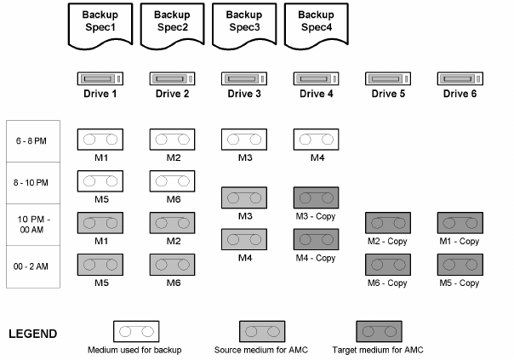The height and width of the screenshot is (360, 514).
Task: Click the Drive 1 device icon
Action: (x=100, y=79)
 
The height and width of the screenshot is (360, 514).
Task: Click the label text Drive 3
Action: (x=245, y=93)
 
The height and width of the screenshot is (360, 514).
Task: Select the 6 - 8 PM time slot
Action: (x=32, y=141)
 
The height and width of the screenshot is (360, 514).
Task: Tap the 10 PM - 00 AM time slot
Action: (x=32, y=226)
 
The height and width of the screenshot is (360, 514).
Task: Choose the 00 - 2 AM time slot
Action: (x=32, y=266)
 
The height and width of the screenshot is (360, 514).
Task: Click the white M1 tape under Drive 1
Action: (x=100, y=140)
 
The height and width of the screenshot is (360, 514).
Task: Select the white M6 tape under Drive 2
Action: (x=173, y=180)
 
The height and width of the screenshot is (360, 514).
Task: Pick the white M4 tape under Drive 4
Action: (x=317, y=140)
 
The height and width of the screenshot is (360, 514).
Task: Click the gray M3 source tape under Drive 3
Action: (x=245, y=197)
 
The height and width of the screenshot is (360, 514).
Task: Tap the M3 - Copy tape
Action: (x=317, y=197)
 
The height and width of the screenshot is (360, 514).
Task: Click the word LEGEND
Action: (x=32, y=334)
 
